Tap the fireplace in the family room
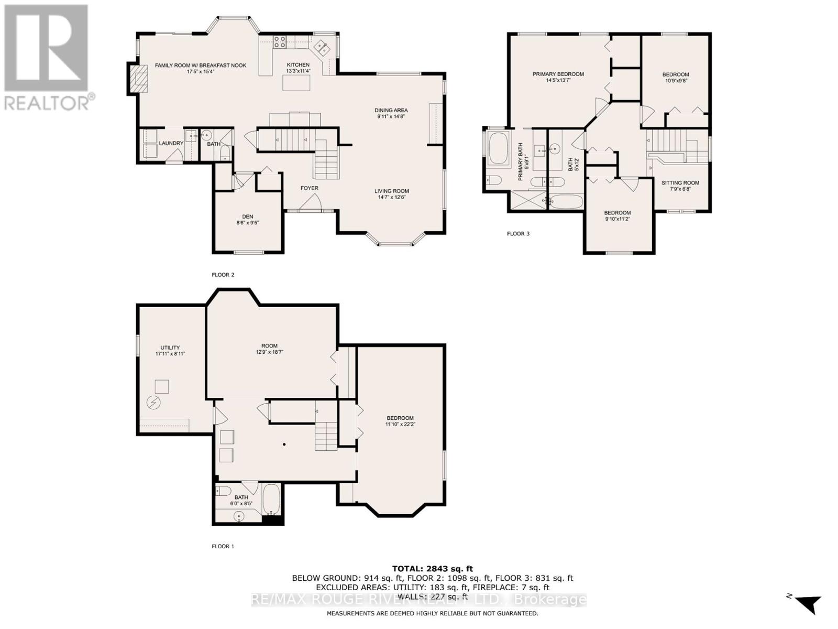pyautogui.click(x=139, y=79)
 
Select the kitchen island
pyautogui.click(x=296, y=83)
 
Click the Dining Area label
pyautogui.click(x=391, y=110)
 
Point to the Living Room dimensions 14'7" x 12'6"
pyautogui.click(x=391, y=198)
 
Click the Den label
pyautogui.click(x=247, y=216)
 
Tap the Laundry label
pyautogui.click(x=171, y=143)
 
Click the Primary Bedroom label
pyautogui.click(x=558, y=74)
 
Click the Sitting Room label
pyautogui.click(x=680, y=183)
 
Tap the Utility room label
pyautogui.click(x=170, y=348)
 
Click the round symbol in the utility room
pyautogui.click(x=154, y=403)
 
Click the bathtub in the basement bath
pyautogui.click(x=271, y=499)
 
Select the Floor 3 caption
pyautogui.click(x=518, y=233)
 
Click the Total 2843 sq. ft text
pyautogui.click(x=432, y=568)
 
